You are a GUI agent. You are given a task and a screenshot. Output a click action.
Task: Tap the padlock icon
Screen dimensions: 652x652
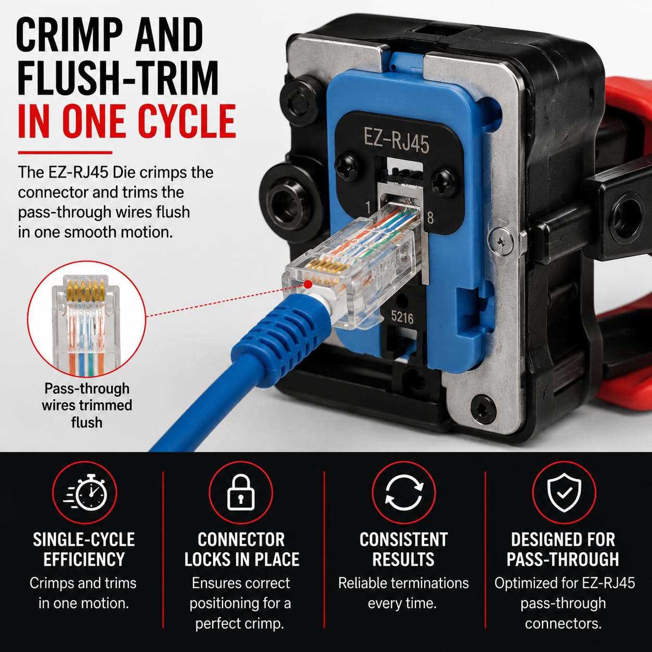(x=241, y=492)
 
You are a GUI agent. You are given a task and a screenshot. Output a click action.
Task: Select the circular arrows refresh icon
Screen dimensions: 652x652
(x=403, y=492)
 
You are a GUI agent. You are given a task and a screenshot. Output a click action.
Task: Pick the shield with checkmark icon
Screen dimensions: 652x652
(x=564, y=492)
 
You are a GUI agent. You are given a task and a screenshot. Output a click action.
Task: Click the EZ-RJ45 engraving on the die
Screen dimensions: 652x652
(x=396, y=140)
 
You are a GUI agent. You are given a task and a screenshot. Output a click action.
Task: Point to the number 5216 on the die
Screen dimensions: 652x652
(x=402, y=317)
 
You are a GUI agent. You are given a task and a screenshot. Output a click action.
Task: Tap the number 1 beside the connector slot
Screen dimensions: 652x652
(x=368, y=207)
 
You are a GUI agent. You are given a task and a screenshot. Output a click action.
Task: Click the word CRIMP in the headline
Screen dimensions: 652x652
(x=69, y=35)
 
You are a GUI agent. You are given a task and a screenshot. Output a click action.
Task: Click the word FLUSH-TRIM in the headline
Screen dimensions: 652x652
(x=118, y=78)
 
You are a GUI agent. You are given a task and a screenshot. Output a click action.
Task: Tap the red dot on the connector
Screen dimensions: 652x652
(x=308, y=284)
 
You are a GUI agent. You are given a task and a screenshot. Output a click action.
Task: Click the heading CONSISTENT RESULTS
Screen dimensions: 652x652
(x=403, y=549)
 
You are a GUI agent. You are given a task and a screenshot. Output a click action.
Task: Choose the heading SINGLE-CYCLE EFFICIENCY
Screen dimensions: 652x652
(x=84, y=549)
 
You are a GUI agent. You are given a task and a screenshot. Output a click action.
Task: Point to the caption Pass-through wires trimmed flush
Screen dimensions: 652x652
(x=87, y=406)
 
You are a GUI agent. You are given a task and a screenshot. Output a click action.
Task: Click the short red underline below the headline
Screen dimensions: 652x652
(x=65, y=152)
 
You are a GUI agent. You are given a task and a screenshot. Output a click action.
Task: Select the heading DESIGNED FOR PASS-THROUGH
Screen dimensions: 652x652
(x=563, y=549)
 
